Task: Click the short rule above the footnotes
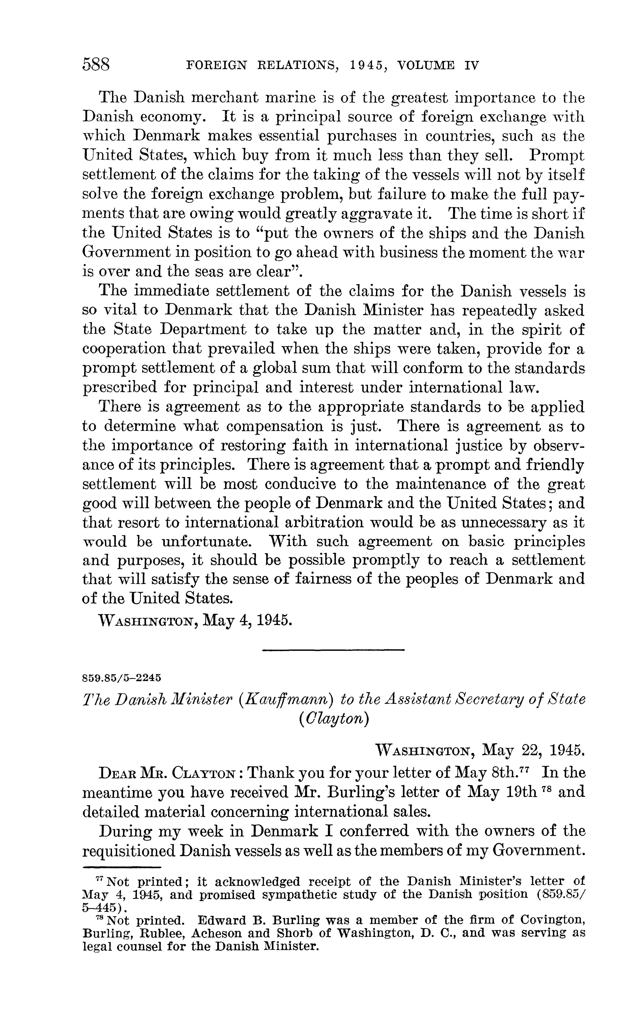[x=122, y=866]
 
